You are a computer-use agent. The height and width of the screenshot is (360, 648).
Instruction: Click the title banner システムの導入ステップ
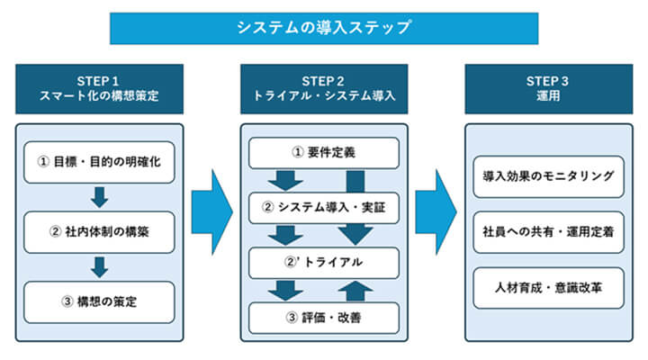(324, 27)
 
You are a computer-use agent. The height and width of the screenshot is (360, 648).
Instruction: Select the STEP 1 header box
(100, 88)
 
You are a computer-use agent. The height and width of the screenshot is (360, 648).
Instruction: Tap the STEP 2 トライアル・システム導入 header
(324, 88)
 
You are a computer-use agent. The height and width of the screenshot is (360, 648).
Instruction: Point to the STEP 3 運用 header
(548, 88)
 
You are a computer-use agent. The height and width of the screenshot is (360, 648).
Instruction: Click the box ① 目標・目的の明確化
(100, 162)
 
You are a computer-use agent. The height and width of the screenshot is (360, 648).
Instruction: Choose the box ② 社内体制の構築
(100, 231)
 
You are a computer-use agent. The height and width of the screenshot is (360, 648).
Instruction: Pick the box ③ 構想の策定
(100, 301)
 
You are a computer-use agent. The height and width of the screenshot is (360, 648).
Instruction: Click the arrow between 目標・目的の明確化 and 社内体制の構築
(100, 197)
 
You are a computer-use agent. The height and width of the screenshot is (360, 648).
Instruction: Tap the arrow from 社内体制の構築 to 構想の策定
(100, 266)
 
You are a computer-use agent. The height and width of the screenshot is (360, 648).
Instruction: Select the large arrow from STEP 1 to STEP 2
(212, 206)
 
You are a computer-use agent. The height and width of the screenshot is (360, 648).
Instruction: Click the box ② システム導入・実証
(323, 208)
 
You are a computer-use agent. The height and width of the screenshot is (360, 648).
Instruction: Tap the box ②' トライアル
(323, 263)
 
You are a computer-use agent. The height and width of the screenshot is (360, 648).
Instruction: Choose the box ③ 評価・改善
(323, 317)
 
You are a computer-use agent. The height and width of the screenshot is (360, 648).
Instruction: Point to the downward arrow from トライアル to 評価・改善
(286, 290)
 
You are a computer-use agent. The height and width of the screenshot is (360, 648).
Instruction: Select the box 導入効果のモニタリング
(548, 175)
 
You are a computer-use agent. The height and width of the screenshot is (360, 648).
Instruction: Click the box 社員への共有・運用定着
(548, 231)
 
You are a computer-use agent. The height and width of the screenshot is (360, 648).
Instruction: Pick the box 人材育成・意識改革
(548, 287)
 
